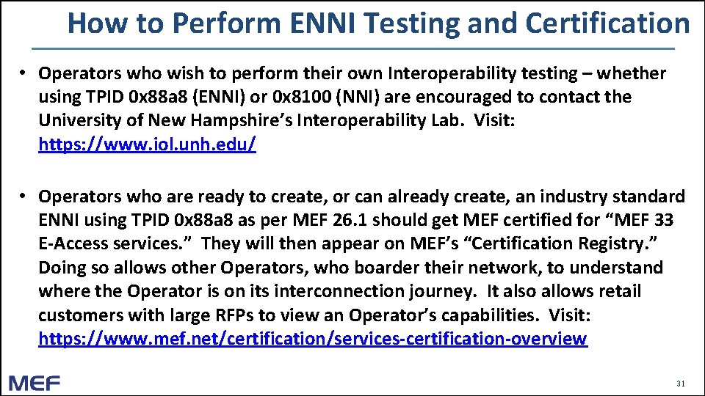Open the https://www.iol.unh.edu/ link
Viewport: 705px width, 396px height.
click(148, 144)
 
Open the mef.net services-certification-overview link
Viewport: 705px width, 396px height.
click(313, 340)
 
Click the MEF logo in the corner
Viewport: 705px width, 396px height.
click(35, 383)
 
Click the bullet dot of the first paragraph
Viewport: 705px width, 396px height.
click(23, 73)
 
